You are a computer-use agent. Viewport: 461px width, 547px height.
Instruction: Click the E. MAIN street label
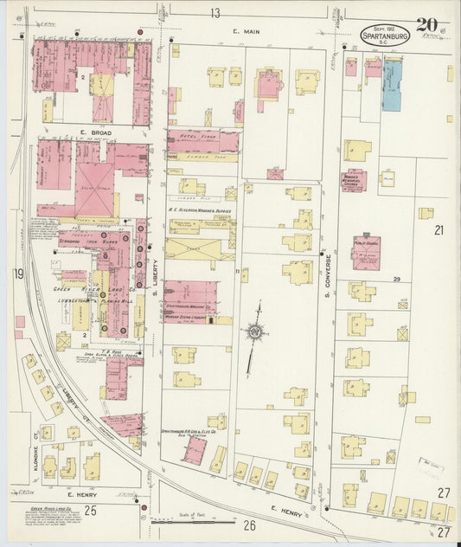tap(247, 32)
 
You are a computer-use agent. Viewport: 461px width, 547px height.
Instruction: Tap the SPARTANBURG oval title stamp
tap(386, 36)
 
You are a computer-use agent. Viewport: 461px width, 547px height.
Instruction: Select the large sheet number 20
tap(426, 25)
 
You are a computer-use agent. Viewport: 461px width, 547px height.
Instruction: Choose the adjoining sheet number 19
tap(18, 274)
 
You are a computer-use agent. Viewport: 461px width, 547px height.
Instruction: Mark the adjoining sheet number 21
tap(439, 230)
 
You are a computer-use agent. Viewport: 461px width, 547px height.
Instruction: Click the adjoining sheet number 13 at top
tap(214, 12)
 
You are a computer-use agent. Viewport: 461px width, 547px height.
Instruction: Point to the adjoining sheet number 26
tap(250, 525)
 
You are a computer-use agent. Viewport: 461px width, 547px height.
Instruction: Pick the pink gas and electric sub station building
tap(195, 449)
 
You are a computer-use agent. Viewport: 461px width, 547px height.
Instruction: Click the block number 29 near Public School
tap(397, 279)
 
